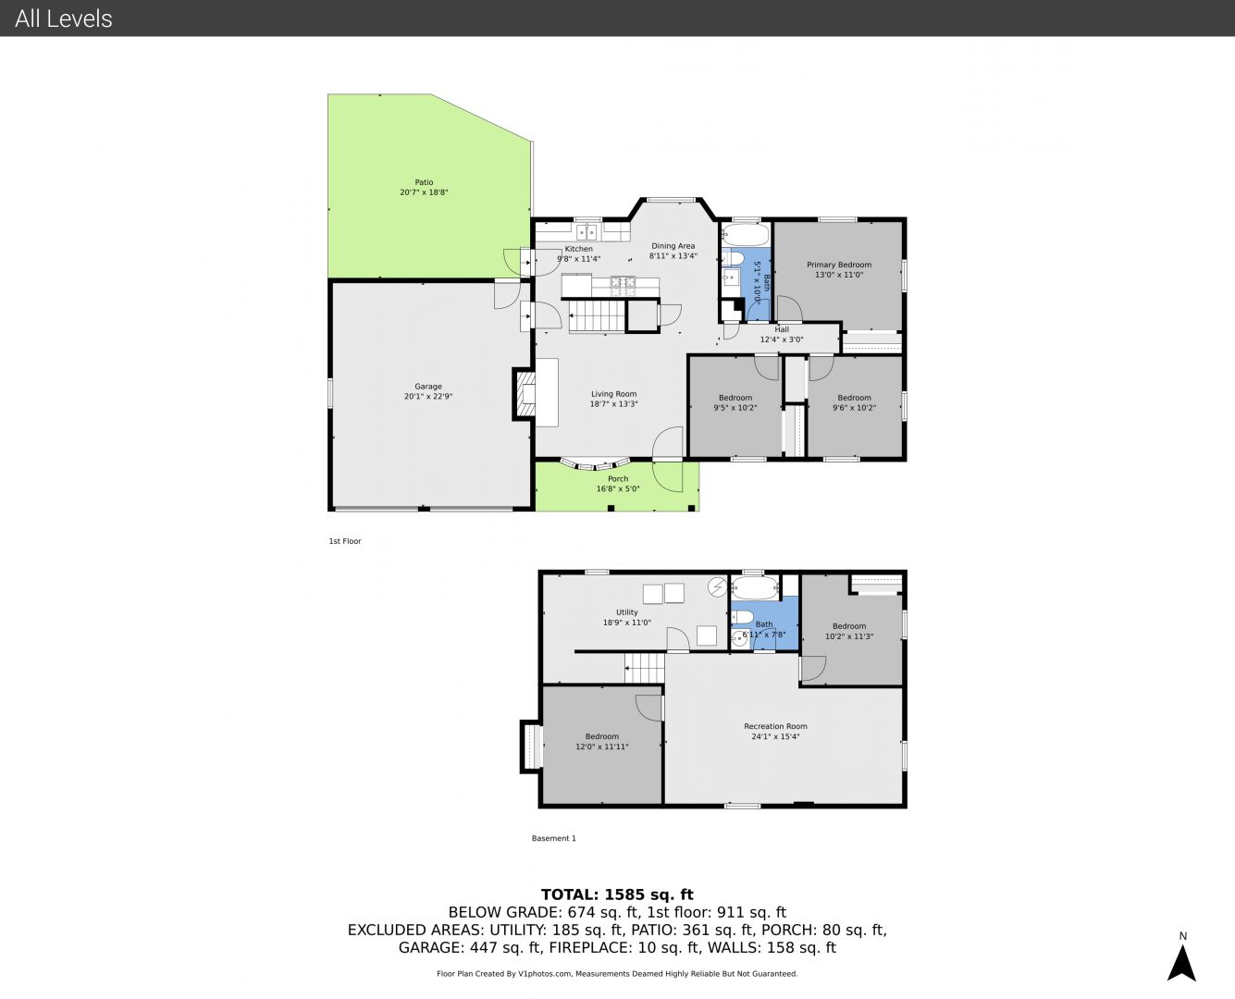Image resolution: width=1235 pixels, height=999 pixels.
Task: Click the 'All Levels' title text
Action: pyautogui.click(x=63, y=18)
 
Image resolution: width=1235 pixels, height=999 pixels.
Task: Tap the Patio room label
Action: pyautogui.click(x=424, y=182)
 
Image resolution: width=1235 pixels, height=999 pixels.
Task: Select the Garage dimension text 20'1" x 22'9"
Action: pyautogui.click(x=428, y=397)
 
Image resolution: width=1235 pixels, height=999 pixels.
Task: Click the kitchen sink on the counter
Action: pyautogui.click(x=587, y=232)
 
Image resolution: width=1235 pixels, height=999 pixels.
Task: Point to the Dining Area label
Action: pyautogui.click(x=673, y=246)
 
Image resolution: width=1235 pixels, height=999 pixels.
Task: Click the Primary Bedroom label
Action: pyautogui.click(x=839, y=265)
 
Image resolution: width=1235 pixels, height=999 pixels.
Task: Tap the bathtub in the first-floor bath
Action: pyautogui.click(x=746, y=235)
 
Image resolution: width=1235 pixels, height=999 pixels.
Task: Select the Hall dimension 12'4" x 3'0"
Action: pyautogui.click(x=782, y=339)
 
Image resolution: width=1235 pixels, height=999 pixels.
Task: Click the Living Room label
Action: pyautogui.click(x=613, y=394)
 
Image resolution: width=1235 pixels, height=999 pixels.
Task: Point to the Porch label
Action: pyautogui.click(x=618, y=479)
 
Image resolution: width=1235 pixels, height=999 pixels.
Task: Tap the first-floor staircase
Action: pyautogui.click(x=597, y=315)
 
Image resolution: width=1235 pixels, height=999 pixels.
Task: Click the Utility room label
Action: pyautogui.click(x=627, y=612)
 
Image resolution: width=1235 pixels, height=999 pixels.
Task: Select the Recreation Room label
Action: pyautogui.click(x=775, y=726)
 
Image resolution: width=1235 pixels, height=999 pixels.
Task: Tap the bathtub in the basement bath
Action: pyautogui.click(x=754, y=588)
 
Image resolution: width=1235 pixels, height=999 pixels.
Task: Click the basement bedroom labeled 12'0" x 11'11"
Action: pyautogui.click(x=602, y=742)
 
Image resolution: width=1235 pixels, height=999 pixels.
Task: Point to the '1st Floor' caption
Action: pyautogui.click(x=345, y=541)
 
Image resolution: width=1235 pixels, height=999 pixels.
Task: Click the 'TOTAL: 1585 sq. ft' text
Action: pyautogui.click(x=617, y=894)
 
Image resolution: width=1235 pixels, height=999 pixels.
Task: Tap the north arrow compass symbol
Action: pyautogui.click(x=1181, y=963)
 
